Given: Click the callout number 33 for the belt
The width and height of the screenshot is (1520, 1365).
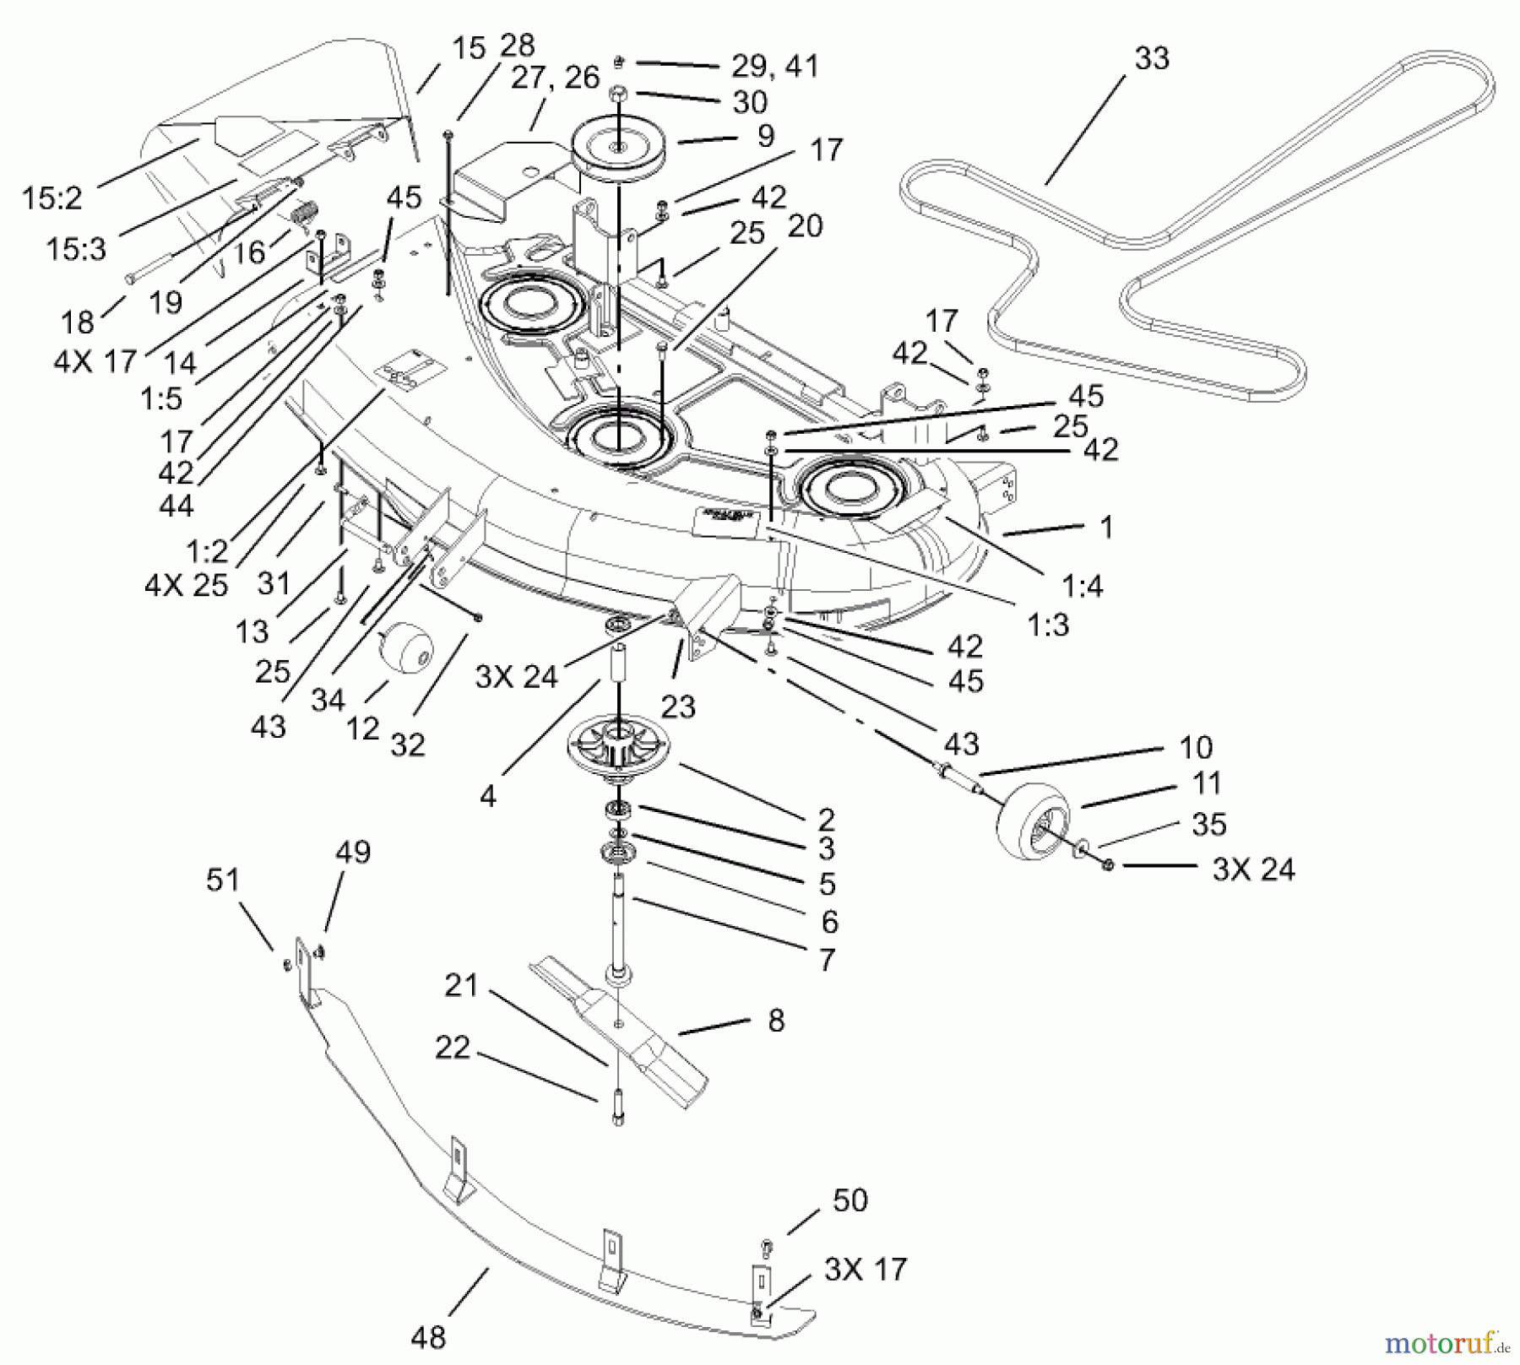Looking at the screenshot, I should point(1152,59).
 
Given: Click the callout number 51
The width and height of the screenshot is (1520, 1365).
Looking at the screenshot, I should point(223,880).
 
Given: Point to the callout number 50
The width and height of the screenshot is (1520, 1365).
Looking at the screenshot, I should point(850,1200).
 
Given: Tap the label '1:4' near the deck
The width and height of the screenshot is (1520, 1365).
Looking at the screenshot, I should point(1083,584).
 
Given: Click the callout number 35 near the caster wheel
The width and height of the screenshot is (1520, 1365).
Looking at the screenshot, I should point(1208,824).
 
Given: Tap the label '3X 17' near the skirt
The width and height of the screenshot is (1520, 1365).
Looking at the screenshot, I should point(866,1269).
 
